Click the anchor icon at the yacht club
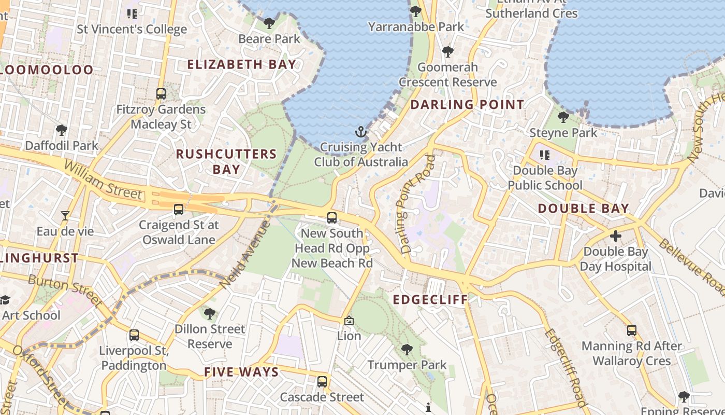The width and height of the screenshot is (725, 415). (361, 132)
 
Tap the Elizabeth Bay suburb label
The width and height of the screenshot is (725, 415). (242, 65)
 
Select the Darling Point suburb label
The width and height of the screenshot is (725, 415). (467, 104)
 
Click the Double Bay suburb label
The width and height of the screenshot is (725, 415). (583, 209)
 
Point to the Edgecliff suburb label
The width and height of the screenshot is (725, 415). (430, 300)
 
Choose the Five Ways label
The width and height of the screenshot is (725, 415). (241, 372)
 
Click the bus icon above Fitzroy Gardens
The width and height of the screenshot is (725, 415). (161, 94)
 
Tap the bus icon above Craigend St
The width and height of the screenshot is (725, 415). (179, 210)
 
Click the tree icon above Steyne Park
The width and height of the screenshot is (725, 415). (563, 117)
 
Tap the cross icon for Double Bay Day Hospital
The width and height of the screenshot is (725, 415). (615, 237)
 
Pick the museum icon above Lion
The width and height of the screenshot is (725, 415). (349, 321)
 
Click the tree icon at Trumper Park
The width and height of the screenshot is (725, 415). (407, 350)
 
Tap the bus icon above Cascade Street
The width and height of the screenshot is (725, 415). (322, 382)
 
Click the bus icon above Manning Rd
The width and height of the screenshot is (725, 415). (632, 330)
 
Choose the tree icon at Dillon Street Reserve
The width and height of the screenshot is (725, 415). (210, 314)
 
